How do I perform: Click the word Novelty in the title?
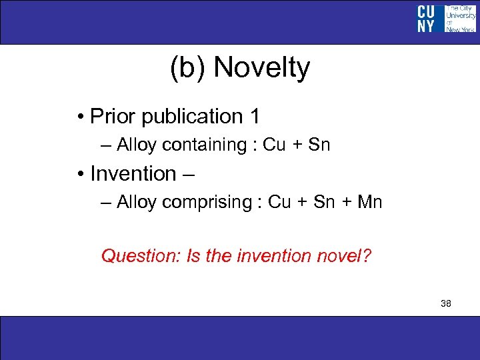[x=262, y=68]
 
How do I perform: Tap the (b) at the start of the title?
[x=188, y=68]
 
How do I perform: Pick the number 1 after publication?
[x=253, y=116]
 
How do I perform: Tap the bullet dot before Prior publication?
[x=79, y=117]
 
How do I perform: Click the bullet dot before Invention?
[x=79, y=175]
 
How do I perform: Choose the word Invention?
[x=133, y=173]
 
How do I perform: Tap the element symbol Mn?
[x=369, y=202]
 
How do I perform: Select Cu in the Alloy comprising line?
[x=279, y=202]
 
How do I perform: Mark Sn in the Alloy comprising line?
[x=323, y=202]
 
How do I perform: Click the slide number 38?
[x=446, y=304]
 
